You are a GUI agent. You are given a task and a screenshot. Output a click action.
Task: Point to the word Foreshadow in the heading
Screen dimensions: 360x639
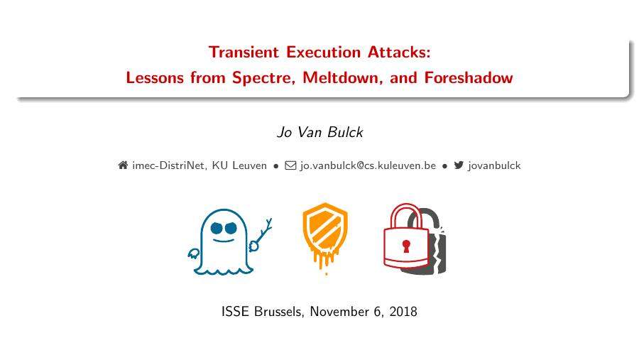pyautogui.click(x=468, y=78)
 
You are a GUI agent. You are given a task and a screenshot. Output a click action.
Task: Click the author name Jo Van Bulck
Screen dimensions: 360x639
pyautogui.click(x=319, y=133)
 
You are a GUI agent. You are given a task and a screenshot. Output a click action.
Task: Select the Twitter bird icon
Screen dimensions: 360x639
pyautogui.click(x=459, y=165)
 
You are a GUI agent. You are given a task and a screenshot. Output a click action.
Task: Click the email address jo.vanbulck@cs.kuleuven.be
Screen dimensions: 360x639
pyautogui.click(x=368, y=165)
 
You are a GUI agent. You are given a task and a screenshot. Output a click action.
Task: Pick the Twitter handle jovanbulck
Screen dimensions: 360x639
pyautogui.click(x=494, y=165)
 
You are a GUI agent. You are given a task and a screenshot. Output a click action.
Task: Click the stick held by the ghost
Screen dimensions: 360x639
pyautogui.click(x=264, y=231)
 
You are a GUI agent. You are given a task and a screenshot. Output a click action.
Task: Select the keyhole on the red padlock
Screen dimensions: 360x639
pyautogui.click(x=406, y=246)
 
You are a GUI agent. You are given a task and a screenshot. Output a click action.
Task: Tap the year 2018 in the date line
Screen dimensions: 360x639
pyautogui.click(x=402, y=312)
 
